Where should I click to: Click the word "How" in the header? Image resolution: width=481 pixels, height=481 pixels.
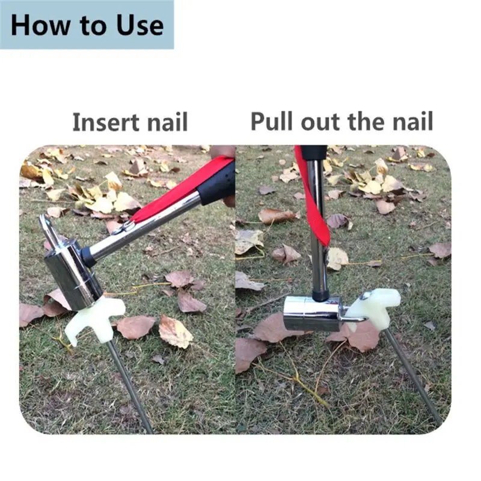pos(40,25)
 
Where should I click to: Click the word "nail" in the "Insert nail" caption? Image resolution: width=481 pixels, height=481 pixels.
pos(168,122)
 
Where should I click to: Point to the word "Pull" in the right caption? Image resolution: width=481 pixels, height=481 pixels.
pos(271,121)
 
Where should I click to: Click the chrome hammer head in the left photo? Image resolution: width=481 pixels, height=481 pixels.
pos(73,274)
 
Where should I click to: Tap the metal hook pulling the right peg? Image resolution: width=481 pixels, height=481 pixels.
pos(353,317)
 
